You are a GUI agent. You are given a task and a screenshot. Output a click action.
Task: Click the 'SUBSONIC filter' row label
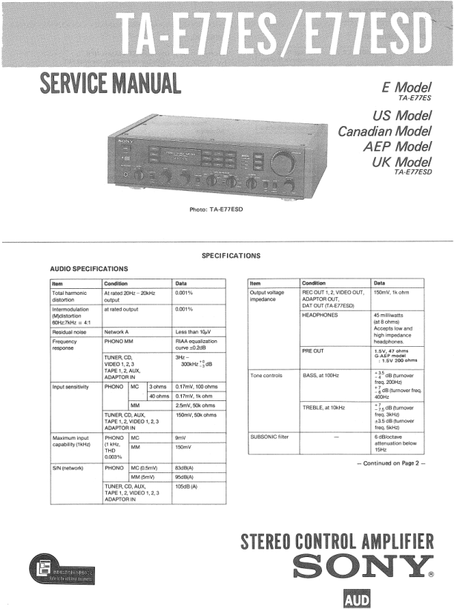[270, 437]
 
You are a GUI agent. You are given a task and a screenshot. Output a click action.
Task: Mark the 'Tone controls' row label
[266, 376]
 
